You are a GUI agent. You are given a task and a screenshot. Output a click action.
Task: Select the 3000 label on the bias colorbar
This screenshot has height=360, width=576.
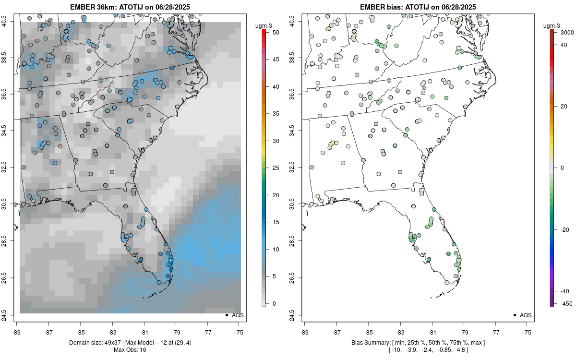(564, 32)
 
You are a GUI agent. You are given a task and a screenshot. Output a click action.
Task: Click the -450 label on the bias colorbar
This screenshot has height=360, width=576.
(564, 303)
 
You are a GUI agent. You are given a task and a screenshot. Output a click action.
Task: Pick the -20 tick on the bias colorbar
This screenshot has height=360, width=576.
(564, 229)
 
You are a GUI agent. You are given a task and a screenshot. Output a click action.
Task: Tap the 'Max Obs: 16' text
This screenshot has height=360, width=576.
(130, 350)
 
